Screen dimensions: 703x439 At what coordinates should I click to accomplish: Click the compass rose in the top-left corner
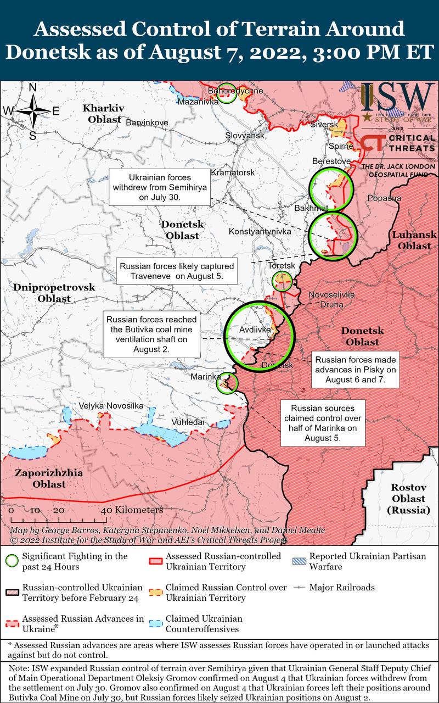tap(32, 110)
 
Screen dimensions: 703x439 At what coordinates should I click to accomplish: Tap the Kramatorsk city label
tap(233, 172)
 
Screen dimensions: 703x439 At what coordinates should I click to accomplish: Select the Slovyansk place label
tap(245, 135)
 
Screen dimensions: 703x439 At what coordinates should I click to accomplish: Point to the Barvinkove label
tap(147, 122)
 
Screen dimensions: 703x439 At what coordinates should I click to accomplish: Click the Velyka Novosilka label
tap(111, 405)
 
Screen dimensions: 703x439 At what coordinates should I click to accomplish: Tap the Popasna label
tap(384, 198)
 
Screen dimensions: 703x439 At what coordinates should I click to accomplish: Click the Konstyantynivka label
tap(260, 232)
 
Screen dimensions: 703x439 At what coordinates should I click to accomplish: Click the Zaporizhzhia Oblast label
tap(49, 478)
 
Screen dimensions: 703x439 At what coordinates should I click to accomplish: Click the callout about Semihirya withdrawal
tap(160, 187)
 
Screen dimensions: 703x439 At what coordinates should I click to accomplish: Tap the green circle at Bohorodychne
tap(226, 94)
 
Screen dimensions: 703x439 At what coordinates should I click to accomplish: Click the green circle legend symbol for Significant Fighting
tap(11, 561)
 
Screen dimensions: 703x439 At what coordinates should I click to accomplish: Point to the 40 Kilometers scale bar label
tap(132, 510)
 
